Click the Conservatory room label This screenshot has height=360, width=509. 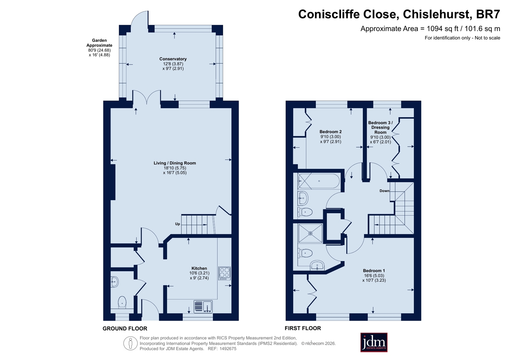173,59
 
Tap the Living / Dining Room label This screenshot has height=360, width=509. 174,163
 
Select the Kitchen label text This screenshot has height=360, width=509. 199,268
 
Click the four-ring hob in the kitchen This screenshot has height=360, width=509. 224,273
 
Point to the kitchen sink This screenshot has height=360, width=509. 203,306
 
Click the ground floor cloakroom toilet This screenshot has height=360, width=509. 122,302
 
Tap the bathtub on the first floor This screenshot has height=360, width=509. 319,181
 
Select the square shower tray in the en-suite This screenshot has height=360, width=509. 310,233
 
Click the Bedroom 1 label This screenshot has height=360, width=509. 374,271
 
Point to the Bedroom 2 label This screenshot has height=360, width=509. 330,131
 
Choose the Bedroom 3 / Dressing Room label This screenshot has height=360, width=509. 380,127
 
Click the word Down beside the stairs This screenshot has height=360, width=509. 384,191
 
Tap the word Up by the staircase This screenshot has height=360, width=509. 178,224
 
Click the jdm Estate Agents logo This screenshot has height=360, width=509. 374,342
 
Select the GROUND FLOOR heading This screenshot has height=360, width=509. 125,328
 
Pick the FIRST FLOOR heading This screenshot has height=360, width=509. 303,328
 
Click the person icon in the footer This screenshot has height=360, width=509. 131,343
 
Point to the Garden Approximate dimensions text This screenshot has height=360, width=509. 99,47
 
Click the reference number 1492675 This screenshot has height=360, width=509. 228,349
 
